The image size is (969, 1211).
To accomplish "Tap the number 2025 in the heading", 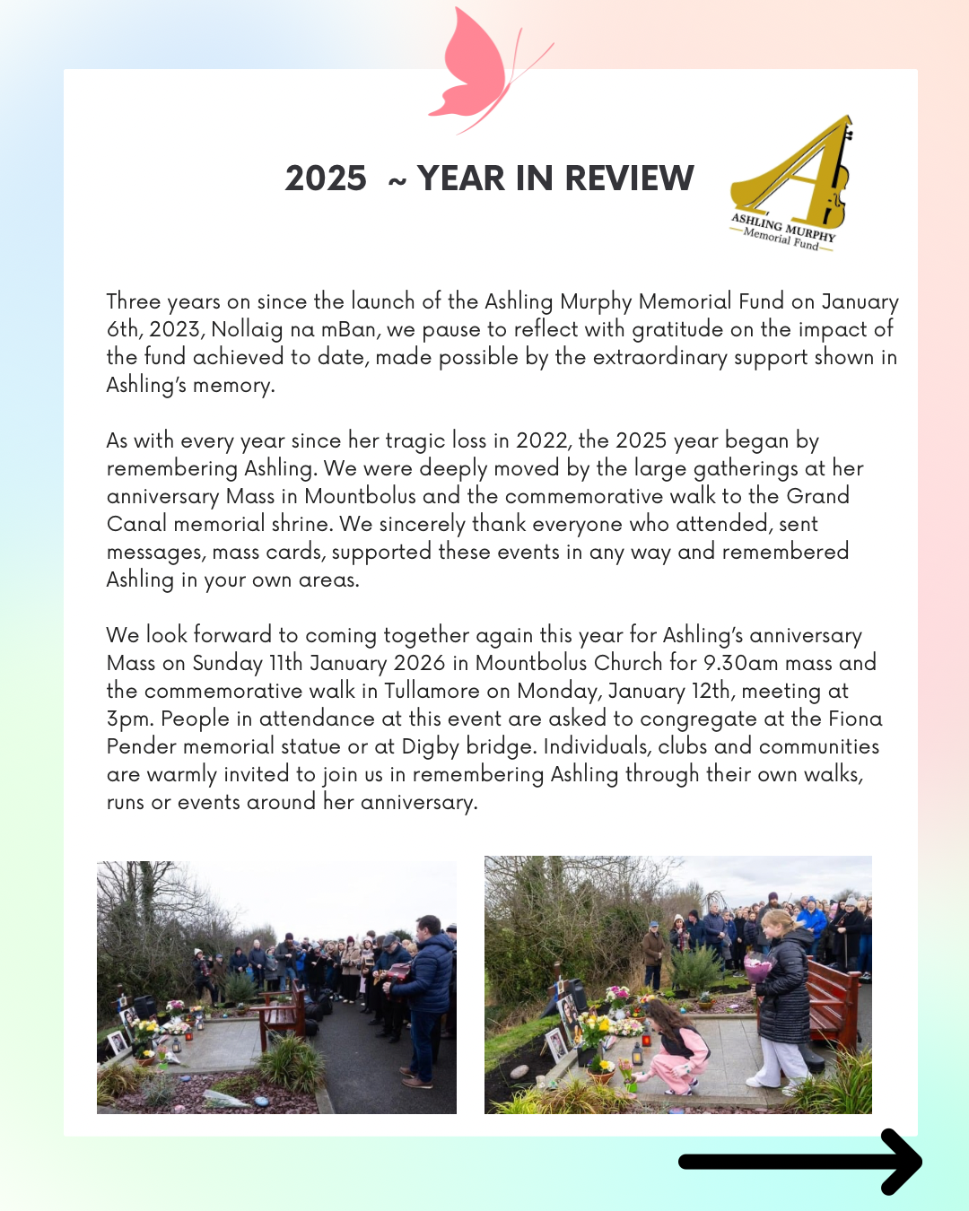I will point(326,179).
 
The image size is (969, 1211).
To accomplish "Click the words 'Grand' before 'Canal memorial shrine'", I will point(817,496).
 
